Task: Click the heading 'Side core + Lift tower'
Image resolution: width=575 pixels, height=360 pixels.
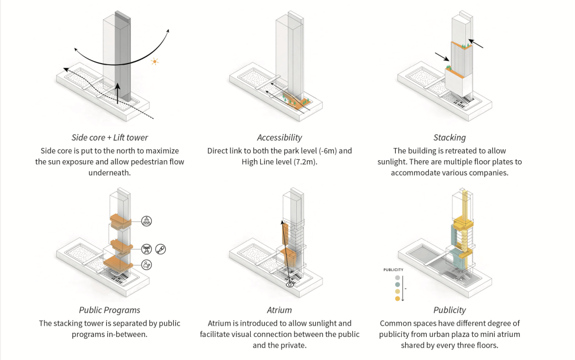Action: pos(110,137)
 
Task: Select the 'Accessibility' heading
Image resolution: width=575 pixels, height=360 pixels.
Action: pos(279,137)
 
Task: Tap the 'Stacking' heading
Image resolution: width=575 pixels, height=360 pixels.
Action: pos(449,137)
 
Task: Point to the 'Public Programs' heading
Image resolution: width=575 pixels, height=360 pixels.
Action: pos(110,309)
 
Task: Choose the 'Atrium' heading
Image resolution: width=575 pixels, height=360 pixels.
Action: pos(279,309)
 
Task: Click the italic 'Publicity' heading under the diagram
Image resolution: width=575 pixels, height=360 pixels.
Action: pos(450,309)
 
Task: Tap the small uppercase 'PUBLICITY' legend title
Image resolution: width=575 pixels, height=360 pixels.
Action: pos(393,270)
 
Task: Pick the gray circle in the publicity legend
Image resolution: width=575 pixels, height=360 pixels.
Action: pos(398,277)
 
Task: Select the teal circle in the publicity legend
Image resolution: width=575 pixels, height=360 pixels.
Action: pos(398,285)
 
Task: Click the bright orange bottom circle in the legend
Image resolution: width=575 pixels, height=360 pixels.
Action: pos(398,299)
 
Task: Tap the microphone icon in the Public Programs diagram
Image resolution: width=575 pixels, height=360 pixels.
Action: pos(161,249)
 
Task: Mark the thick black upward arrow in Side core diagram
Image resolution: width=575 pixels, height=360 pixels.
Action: pos(117,93)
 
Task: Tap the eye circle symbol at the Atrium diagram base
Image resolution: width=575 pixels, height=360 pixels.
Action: pos(290,285)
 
